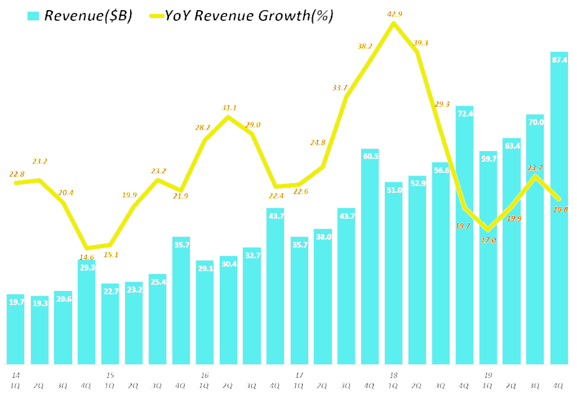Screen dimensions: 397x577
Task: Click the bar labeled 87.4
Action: click(x=560, y=209)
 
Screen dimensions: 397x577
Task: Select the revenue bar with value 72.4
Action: click(x=465, y=235)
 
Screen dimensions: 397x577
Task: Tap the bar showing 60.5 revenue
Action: click(x=370, y=257)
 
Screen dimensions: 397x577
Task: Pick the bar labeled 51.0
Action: click(x=394, y=273)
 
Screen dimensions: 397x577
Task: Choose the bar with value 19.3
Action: click(x=39, y=330)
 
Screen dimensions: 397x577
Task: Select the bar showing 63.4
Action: click(x=512, y=251)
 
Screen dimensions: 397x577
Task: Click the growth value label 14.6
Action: click(x=87, y=257)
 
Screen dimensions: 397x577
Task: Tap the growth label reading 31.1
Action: click(x=229, y=108)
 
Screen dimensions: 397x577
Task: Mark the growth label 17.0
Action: click(x=489, y=240)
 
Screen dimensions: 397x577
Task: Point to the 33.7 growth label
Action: click(x=340, y=87)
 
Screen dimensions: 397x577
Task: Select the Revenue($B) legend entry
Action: click(x=88, y=16)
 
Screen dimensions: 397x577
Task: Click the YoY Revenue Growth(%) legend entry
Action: click(x=248, y=16)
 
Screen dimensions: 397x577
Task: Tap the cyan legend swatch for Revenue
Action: click(x=33, y=16)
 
